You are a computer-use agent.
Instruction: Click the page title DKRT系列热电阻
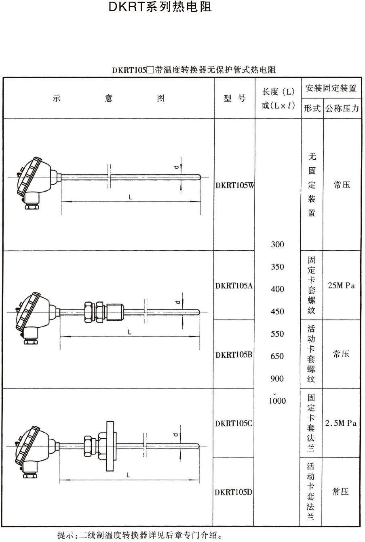pyautogui.click(x=160, y=7)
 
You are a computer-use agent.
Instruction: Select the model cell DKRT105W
pyautogui.click(x=234, y=186)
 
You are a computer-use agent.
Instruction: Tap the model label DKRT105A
pyautogui.click(x=234, y=286)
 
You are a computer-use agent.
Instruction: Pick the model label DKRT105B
pyautogui.click(x=234, y=355)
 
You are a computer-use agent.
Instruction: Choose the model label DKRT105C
pyautogui.click(x=234, y=423)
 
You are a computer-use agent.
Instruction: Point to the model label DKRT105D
pyautogui.click(x=234, y=492)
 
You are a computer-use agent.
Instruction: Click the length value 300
pyautogui.click(x=278, y=244)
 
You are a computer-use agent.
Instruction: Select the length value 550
pyautogui.click(x=278, y=334)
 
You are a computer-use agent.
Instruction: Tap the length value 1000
pyautogui.click(x=278, y=401)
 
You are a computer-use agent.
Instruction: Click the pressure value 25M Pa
pyautogui.click(x=342, y=286)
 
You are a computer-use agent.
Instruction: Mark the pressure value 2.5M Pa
pyautogui.click(x=341, y=423)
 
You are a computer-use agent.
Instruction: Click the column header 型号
pyautogui.click(x=234, y=98)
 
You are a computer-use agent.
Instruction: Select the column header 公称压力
pyautogui.click(x=342, y=109)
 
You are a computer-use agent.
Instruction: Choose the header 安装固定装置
pyautogui.click(x=331, y=88)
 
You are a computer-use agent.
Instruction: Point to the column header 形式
pyautogui.click(x=312, y=109)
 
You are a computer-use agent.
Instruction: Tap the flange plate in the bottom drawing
pyautogui.click(x=109, y=440)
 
